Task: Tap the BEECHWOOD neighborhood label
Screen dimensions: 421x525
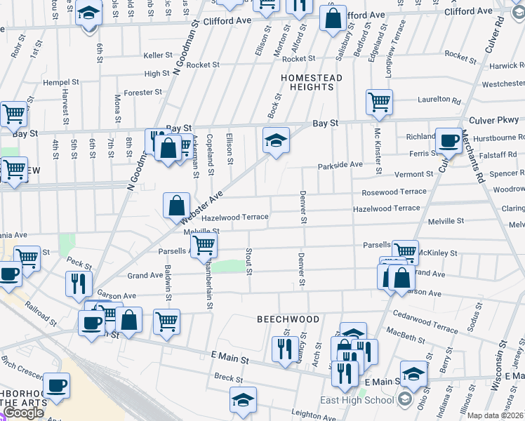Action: [x=288, y=319]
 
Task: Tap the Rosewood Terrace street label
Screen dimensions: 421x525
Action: [x=394, y=192]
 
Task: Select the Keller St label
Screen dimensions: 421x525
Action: [x=158, y=55]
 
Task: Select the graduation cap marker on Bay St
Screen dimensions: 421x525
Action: [x=276, y=140]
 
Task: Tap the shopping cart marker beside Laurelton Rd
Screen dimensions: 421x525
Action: [x=379, y=102]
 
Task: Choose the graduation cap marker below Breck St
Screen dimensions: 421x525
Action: [x=243, y=399]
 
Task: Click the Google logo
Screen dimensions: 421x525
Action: [x=24, y=413]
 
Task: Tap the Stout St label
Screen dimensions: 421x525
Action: [x=248, y=260]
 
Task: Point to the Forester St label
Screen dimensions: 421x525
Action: [x=142, y=92]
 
